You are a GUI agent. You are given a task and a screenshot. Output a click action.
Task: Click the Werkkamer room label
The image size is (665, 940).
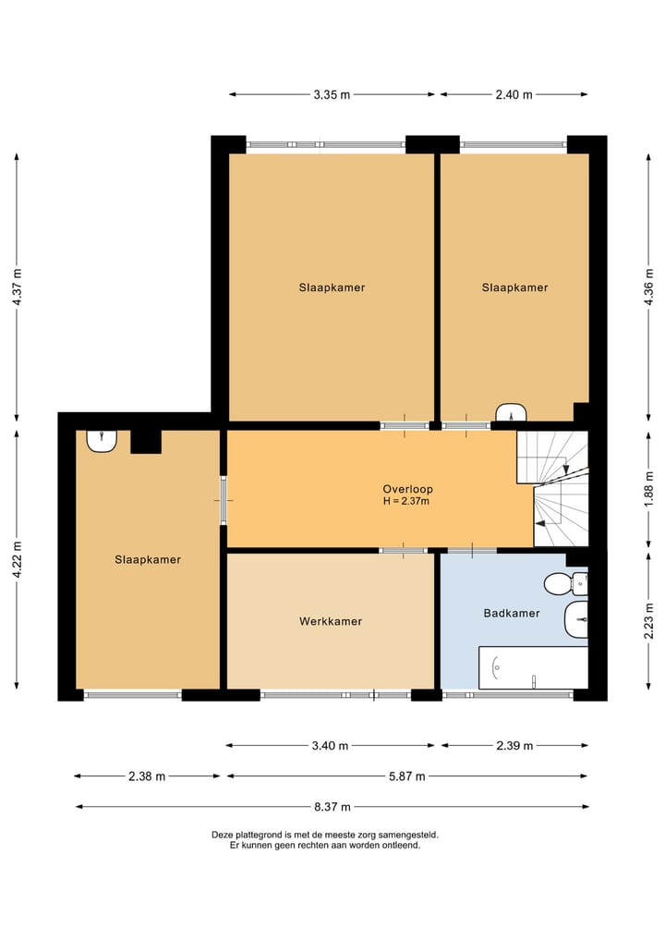pyautogui.click(x=331, y=622)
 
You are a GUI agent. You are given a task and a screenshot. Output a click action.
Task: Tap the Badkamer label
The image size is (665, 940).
pyautogui.click(x=512, y=614)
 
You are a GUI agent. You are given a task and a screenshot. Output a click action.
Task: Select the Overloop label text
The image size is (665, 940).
pyautogui.click(x=408, y=489)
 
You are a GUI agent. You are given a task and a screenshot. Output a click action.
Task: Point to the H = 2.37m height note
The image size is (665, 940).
pyautogui.click(x=406, y=501)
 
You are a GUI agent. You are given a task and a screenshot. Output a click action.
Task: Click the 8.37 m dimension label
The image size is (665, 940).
pyautogui.click(x=332, y=807)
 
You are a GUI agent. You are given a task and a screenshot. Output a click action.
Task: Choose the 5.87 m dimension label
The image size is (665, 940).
pyautogui.click(x=407, y=776)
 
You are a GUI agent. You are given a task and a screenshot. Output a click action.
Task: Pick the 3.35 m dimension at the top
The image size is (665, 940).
pyautogui.click(x=332, y=94)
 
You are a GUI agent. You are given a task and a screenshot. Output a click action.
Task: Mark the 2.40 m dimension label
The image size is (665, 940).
pyautogui.click(x=514, y=94)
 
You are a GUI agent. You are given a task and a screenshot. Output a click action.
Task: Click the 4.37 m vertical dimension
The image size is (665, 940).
pyautogui.click(x=18, y=287)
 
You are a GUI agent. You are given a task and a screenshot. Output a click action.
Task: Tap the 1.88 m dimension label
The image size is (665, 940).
pyautogui.click(x=648, y=489)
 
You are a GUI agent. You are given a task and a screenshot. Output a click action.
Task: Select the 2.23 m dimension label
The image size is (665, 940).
pyautogui.click(x=648, y=620)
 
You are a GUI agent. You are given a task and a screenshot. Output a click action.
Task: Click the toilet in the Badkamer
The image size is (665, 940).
pyautogui.click(x=565, y=583)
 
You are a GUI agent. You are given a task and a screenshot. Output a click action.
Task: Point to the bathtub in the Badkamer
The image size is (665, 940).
pyautogui.click(x=533, y=668)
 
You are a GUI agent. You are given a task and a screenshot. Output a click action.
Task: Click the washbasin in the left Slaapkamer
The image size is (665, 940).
pyautogui.click(x=102, y=441)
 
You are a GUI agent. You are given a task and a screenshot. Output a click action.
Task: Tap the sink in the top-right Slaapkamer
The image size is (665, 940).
pyautogui.click(x=511, y=412)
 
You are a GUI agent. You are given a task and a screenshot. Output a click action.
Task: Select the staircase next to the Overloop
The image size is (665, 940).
pyautogui.click(x=553, y=489)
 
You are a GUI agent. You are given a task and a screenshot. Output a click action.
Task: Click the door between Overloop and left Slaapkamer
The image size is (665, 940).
pyautogui.click(x=224, y=500)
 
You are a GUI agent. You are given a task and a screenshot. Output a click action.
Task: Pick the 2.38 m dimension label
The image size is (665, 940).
pyautogui.click(x=147, y=776)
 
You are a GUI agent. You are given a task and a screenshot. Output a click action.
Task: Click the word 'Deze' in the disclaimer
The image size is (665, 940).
pyautogui.click(x=222, y=835)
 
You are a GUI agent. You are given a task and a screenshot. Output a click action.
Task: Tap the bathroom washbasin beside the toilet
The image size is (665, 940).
pyautogui.click(x=576, y=620)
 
